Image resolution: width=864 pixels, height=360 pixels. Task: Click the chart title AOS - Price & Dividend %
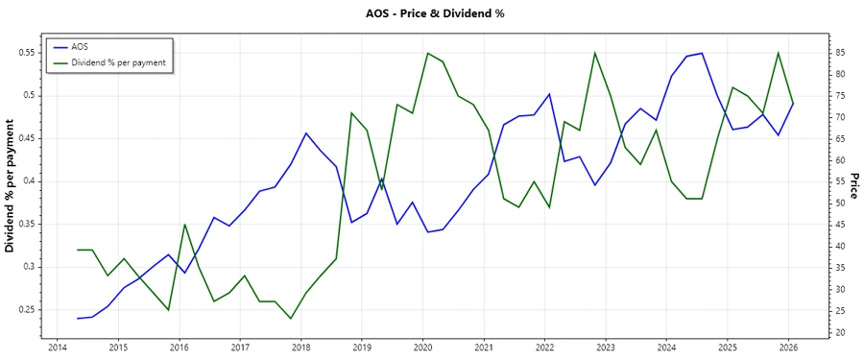coord(435,13)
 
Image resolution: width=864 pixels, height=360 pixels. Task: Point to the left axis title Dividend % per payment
coord(11,186)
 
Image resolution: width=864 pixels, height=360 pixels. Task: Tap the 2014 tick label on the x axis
coord(57,348)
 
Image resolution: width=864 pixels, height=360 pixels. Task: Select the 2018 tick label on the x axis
coord(300,348)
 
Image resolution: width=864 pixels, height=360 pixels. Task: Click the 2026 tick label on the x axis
coord(788,348)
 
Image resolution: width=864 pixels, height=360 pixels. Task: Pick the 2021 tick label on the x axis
coord(484,348)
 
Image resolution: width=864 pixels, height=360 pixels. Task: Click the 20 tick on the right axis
coord(838,332)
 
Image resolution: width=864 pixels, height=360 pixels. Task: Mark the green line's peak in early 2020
coord(427,53)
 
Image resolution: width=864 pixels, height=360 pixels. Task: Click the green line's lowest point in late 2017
coord(290,318)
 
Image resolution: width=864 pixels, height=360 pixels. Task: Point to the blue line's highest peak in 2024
coord(702,53)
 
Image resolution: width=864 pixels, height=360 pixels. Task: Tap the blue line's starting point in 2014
coord(77,318)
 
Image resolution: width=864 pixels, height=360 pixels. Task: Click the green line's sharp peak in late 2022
coord(595,53)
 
